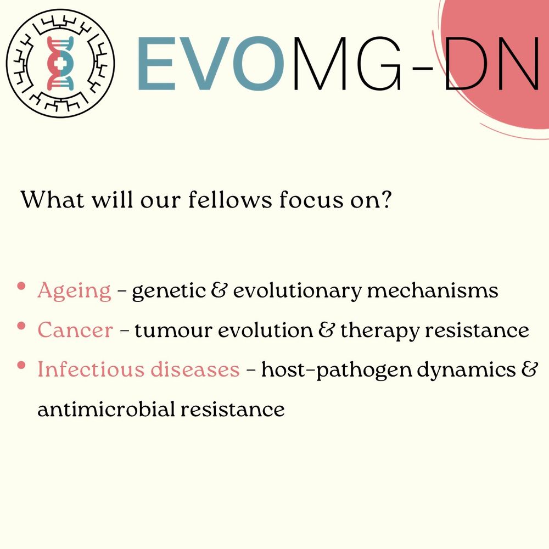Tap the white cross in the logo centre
(60, 63)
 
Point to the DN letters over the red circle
(492, 63)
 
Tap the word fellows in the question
(229, 200)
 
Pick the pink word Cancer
(75, 330)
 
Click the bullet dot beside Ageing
(21, 287)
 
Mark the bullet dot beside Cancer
(21, 326)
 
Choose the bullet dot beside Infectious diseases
(21, 366)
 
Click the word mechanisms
(432, 290)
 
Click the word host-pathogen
(337, 371)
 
